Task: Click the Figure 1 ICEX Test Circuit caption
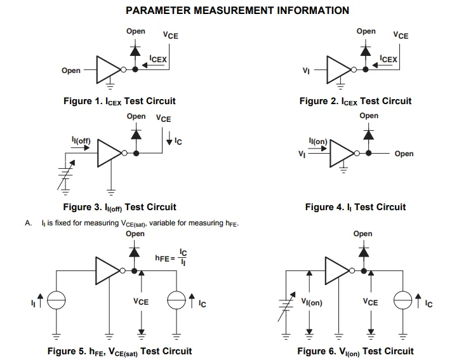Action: tap(119, 101)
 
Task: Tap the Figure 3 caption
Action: tap(119, 207)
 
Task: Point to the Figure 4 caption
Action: tap(356, 207)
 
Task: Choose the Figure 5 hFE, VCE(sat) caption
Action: tap(119, 351)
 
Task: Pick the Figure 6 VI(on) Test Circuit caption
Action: tap(356, 351)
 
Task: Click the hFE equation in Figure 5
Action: tap(171, 257)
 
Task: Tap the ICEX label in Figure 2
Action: tap(389, 59)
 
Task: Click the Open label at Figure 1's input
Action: tap(71, 70)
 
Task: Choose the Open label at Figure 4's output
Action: tap(404, 154)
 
